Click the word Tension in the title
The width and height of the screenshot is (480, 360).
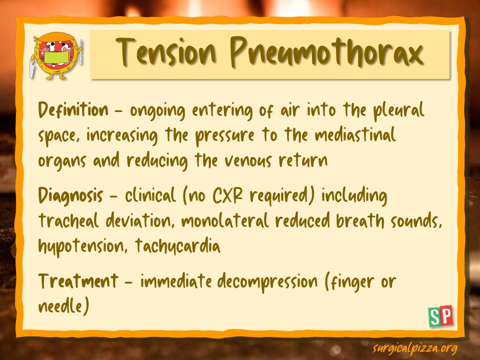click(166, 51)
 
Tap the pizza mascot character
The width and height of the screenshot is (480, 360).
click(56, 55)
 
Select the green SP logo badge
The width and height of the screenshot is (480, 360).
click(440, 315)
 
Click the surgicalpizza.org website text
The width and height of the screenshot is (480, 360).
click(415, 348)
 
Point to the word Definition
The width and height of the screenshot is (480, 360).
click(73, 109)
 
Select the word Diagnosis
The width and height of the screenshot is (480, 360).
click(70, 195)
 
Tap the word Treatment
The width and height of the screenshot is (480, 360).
click(78, 280)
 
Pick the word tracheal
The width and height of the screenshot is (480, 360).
click(69, 220)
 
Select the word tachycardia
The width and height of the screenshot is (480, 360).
click(177, 246)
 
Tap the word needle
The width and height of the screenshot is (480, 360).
click(60, 306)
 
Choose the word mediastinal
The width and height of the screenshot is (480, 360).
click(355, 134)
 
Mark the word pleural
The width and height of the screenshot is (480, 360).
click(399, 110)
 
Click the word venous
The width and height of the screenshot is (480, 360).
click(248, 160)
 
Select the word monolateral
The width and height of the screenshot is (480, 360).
click(225, 220)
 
